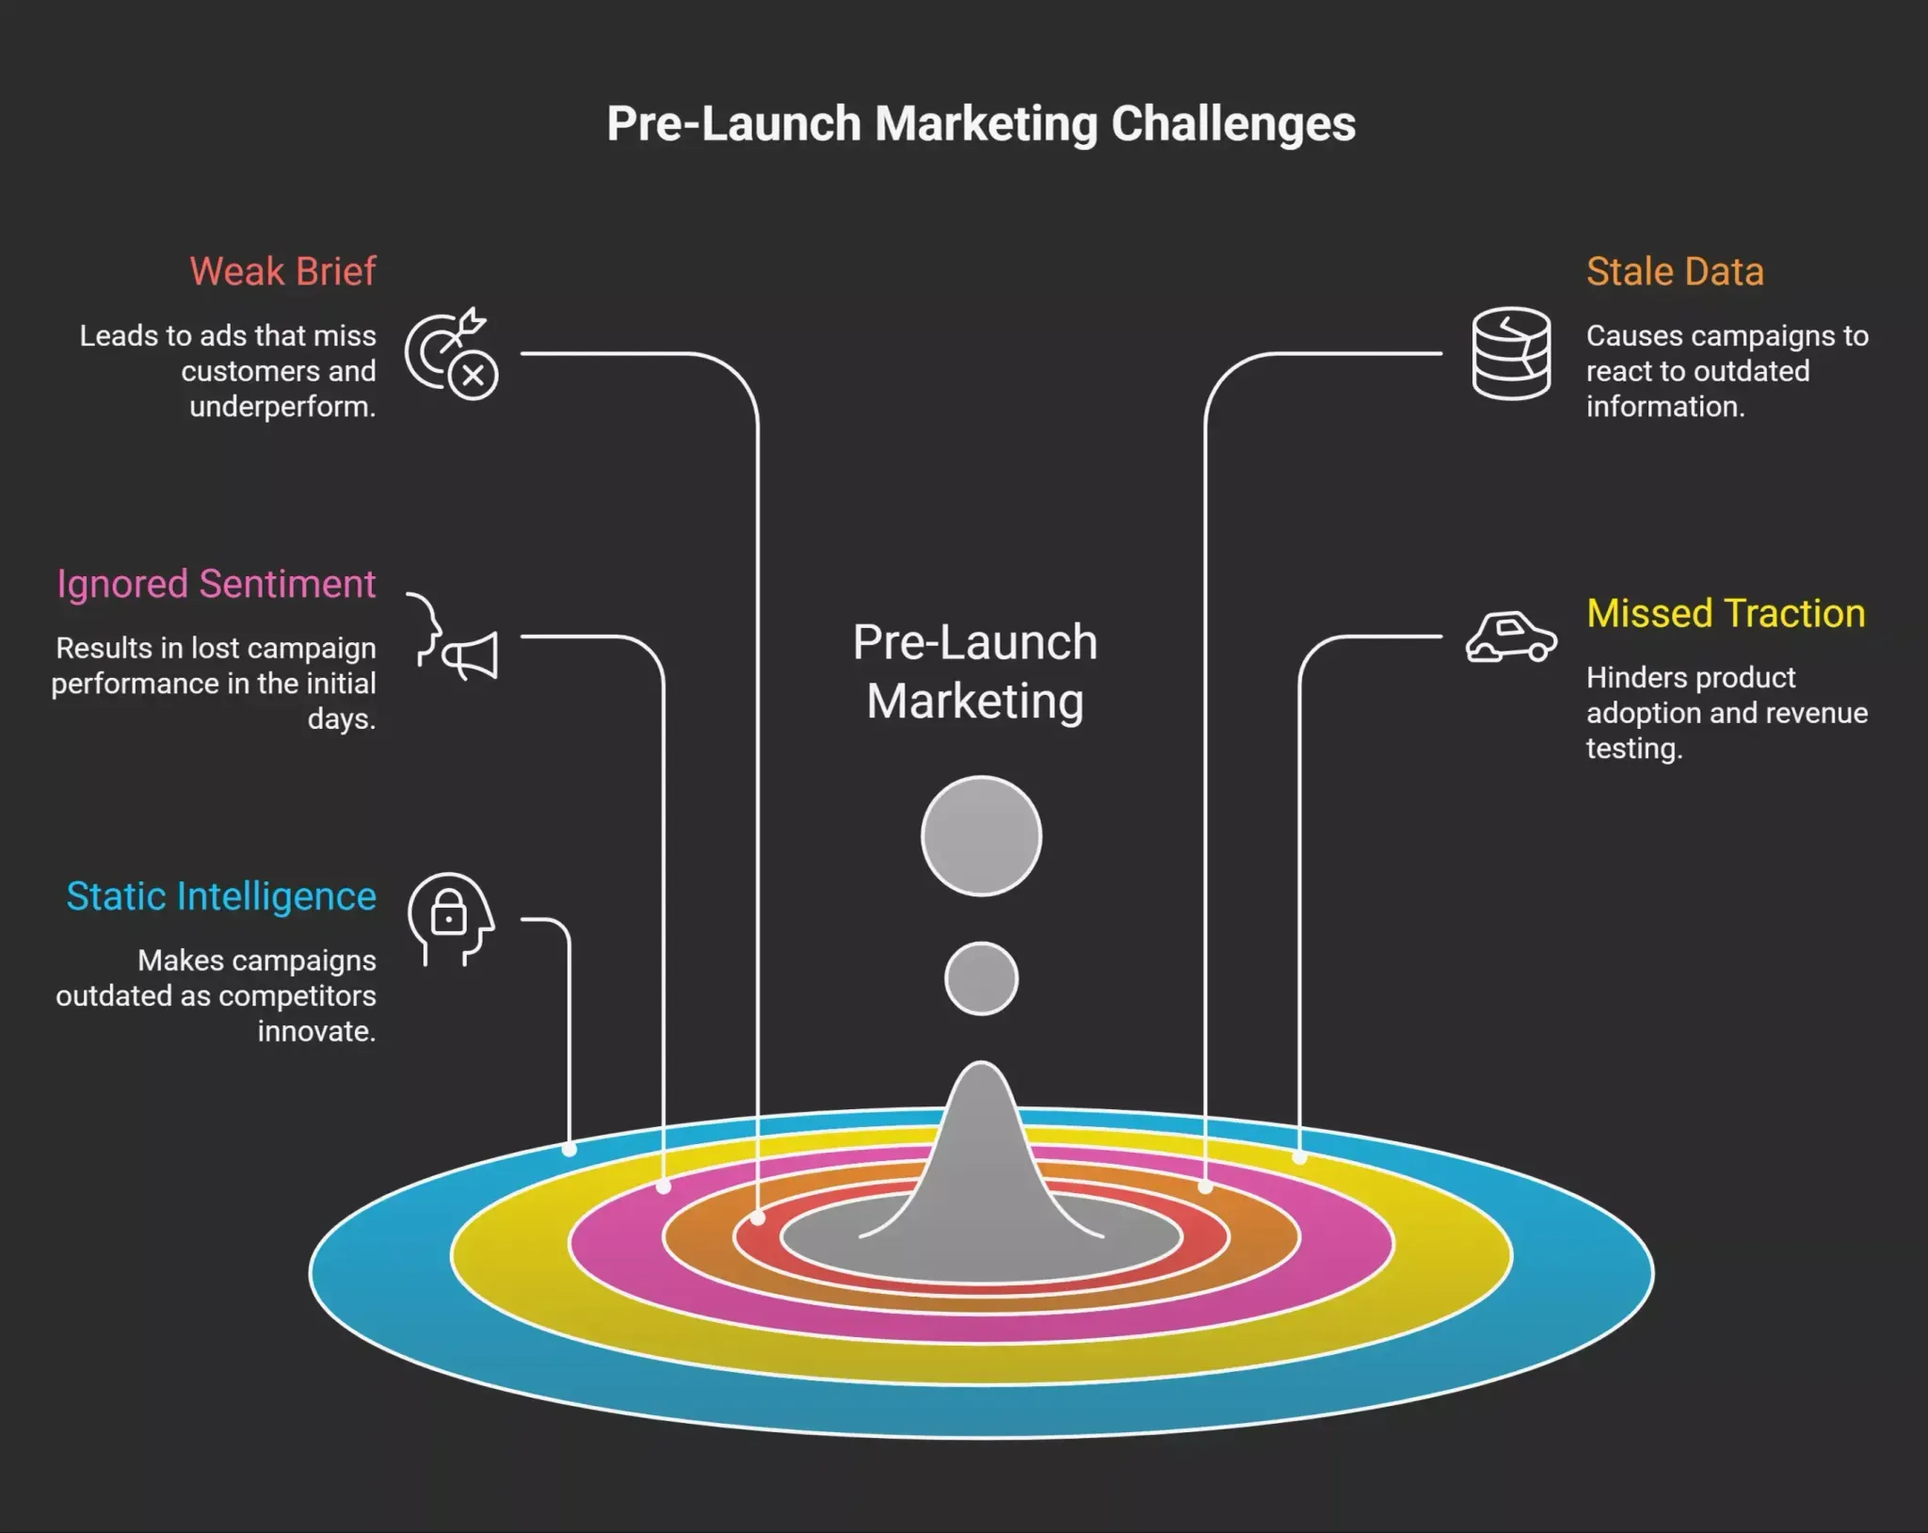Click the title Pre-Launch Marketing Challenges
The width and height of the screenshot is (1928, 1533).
[981, 124]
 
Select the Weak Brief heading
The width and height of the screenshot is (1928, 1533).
[282, 271]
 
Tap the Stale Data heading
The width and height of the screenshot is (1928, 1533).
[1675, 271]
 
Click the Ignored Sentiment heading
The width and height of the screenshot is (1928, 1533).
[217, 585]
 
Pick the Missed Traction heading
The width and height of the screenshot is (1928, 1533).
[1726, 613]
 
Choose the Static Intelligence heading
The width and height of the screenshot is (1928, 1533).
[221, 897]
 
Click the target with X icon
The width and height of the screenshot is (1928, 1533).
[452, 354]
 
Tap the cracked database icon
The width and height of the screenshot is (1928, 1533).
[1511, 353]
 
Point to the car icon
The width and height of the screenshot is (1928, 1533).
[1511, 637]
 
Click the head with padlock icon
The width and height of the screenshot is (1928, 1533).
[451, 919]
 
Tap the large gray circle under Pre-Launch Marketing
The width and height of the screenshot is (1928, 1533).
[981, 836]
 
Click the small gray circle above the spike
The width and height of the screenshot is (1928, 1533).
[981, 978]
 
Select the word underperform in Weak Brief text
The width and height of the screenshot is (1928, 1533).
[282, 407]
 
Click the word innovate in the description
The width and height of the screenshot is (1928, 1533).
[316, 1032]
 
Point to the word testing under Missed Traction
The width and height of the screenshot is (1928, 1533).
[1634, 749]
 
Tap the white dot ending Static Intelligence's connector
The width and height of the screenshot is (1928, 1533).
[570, 1149]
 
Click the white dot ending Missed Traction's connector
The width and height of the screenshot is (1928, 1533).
[1299, 1157]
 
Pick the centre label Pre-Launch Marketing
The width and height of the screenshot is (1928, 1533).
[975, 671]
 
